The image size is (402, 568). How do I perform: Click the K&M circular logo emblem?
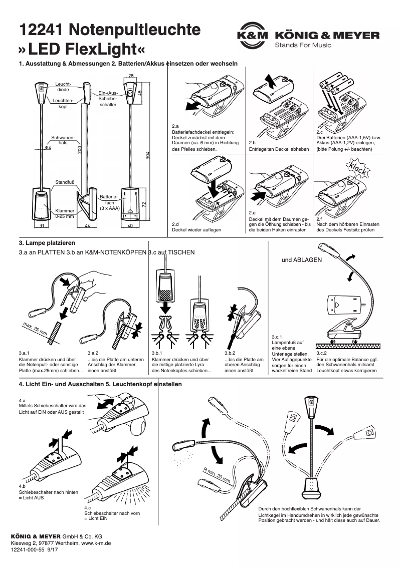coord(252,36)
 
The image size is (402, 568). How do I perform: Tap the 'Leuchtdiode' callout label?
coord(63,86)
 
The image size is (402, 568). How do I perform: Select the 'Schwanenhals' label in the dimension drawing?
coord(63,140)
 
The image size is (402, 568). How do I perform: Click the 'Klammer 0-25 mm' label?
coord(65,214)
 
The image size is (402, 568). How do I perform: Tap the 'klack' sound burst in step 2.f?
coord(359,168)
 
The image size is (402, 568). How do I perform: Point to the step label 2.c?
coord(319,131)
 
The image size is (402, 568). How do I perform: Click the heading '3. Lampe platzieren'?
coord(47,243)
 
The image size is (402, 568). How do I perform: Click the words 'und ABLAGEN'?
coord(302,260)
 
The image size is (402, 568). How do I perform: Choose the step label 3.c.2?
coord(322,354)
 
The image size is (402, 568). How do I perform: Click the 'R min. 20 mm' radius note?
coord(217,475)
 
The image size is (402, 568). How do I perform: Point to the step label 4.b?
coord(22,486)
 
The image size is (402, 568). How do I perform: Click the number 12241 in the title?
coord(40,30)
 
